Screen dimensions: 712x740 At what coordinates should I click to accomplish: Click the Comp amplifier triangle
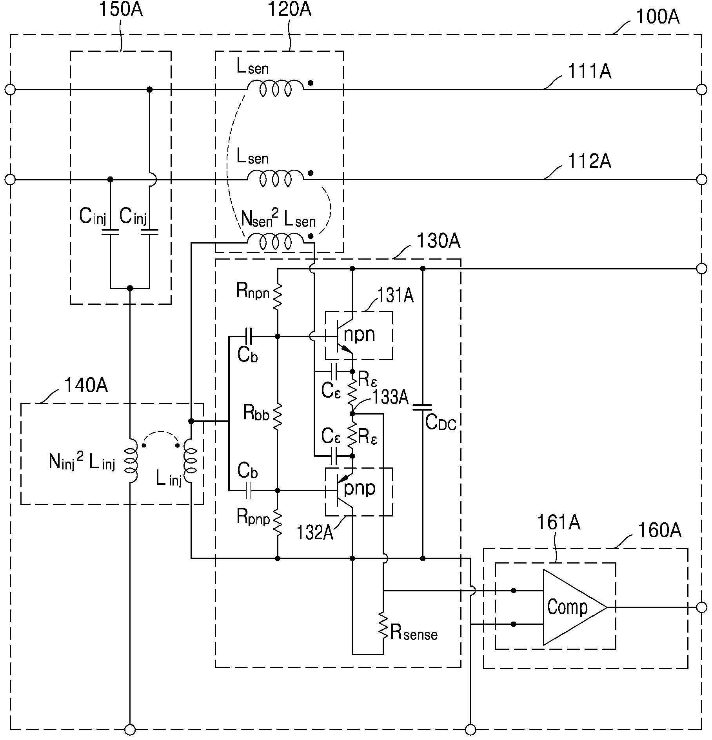574,607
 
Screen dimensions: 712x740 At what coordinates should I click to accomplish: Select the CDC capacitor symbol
422,407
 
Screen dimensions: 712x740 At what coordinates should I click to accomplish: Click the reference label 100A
658,17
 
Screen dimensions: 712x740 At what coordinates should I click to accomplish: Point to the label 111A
589,71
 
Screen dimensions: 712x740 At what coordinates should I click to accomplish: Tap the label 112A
589,161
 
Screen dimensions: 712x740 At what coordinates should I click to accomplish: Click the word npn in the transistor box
359,335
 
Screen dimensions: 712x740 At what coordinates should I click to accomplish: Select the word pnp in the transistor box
360,489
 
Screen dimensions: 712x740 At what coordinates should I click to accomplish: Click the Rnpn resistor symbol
277,297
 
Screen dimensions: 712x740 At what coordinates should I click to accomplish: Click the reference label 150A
121,9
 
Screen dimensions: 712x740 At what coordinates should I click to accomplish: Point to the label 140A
86,385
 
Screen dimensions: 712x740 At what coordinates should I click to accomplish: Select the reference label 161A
558,522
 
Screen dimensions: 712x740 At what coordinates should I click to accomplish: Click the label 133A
391,397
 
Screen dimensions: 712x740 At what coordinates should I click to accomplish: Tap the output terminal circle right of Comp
701,607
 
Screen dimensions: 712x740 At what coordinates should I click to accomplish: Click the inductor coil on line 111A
275,88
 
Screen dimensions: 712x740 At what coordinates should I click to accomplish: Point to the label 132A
315,533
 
